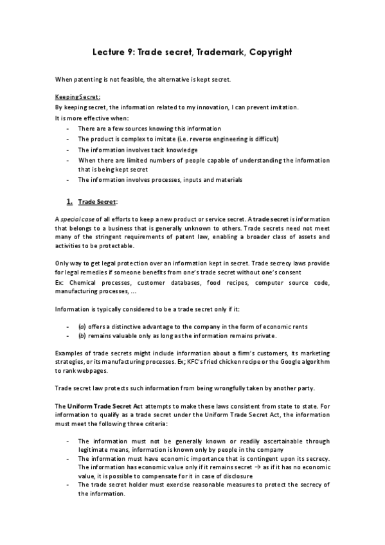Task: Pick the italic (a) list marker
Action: click(x=82, y=326)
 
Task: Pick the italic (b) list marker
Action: click(x=82, y=335)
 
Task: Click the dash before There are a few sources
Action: click(x=68, y=129)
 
